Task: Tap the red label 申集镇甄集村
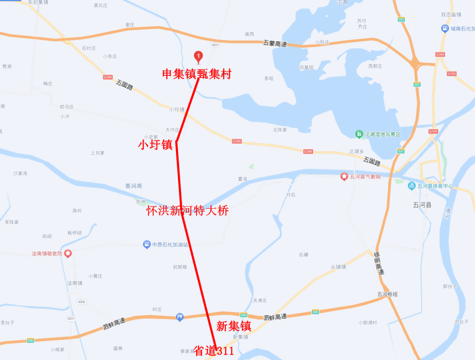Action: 197,74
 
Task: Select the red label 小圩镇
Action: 155,145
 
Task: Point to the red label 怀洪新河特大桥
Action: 187,211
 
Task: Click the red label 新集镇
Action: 234,326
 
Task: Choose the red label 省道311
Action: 214,351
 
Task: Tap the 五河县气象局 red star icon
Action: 344,177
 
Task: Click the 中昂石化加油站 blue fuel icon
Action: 147,244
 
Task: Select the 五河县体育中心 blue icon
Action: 412,186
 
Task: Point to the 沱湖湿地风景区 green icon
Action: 359,134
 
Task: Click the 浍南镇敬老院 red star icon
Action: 68,253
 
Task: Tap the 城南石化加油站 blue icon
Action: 445,29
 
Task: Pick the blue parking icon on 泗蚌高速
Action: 179,317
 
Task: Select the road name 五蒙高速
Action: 275,44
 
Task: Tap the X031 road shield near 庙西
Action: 215,45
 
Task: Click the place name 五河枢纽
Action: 387,294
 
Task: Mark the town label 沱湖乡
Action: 356,151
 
